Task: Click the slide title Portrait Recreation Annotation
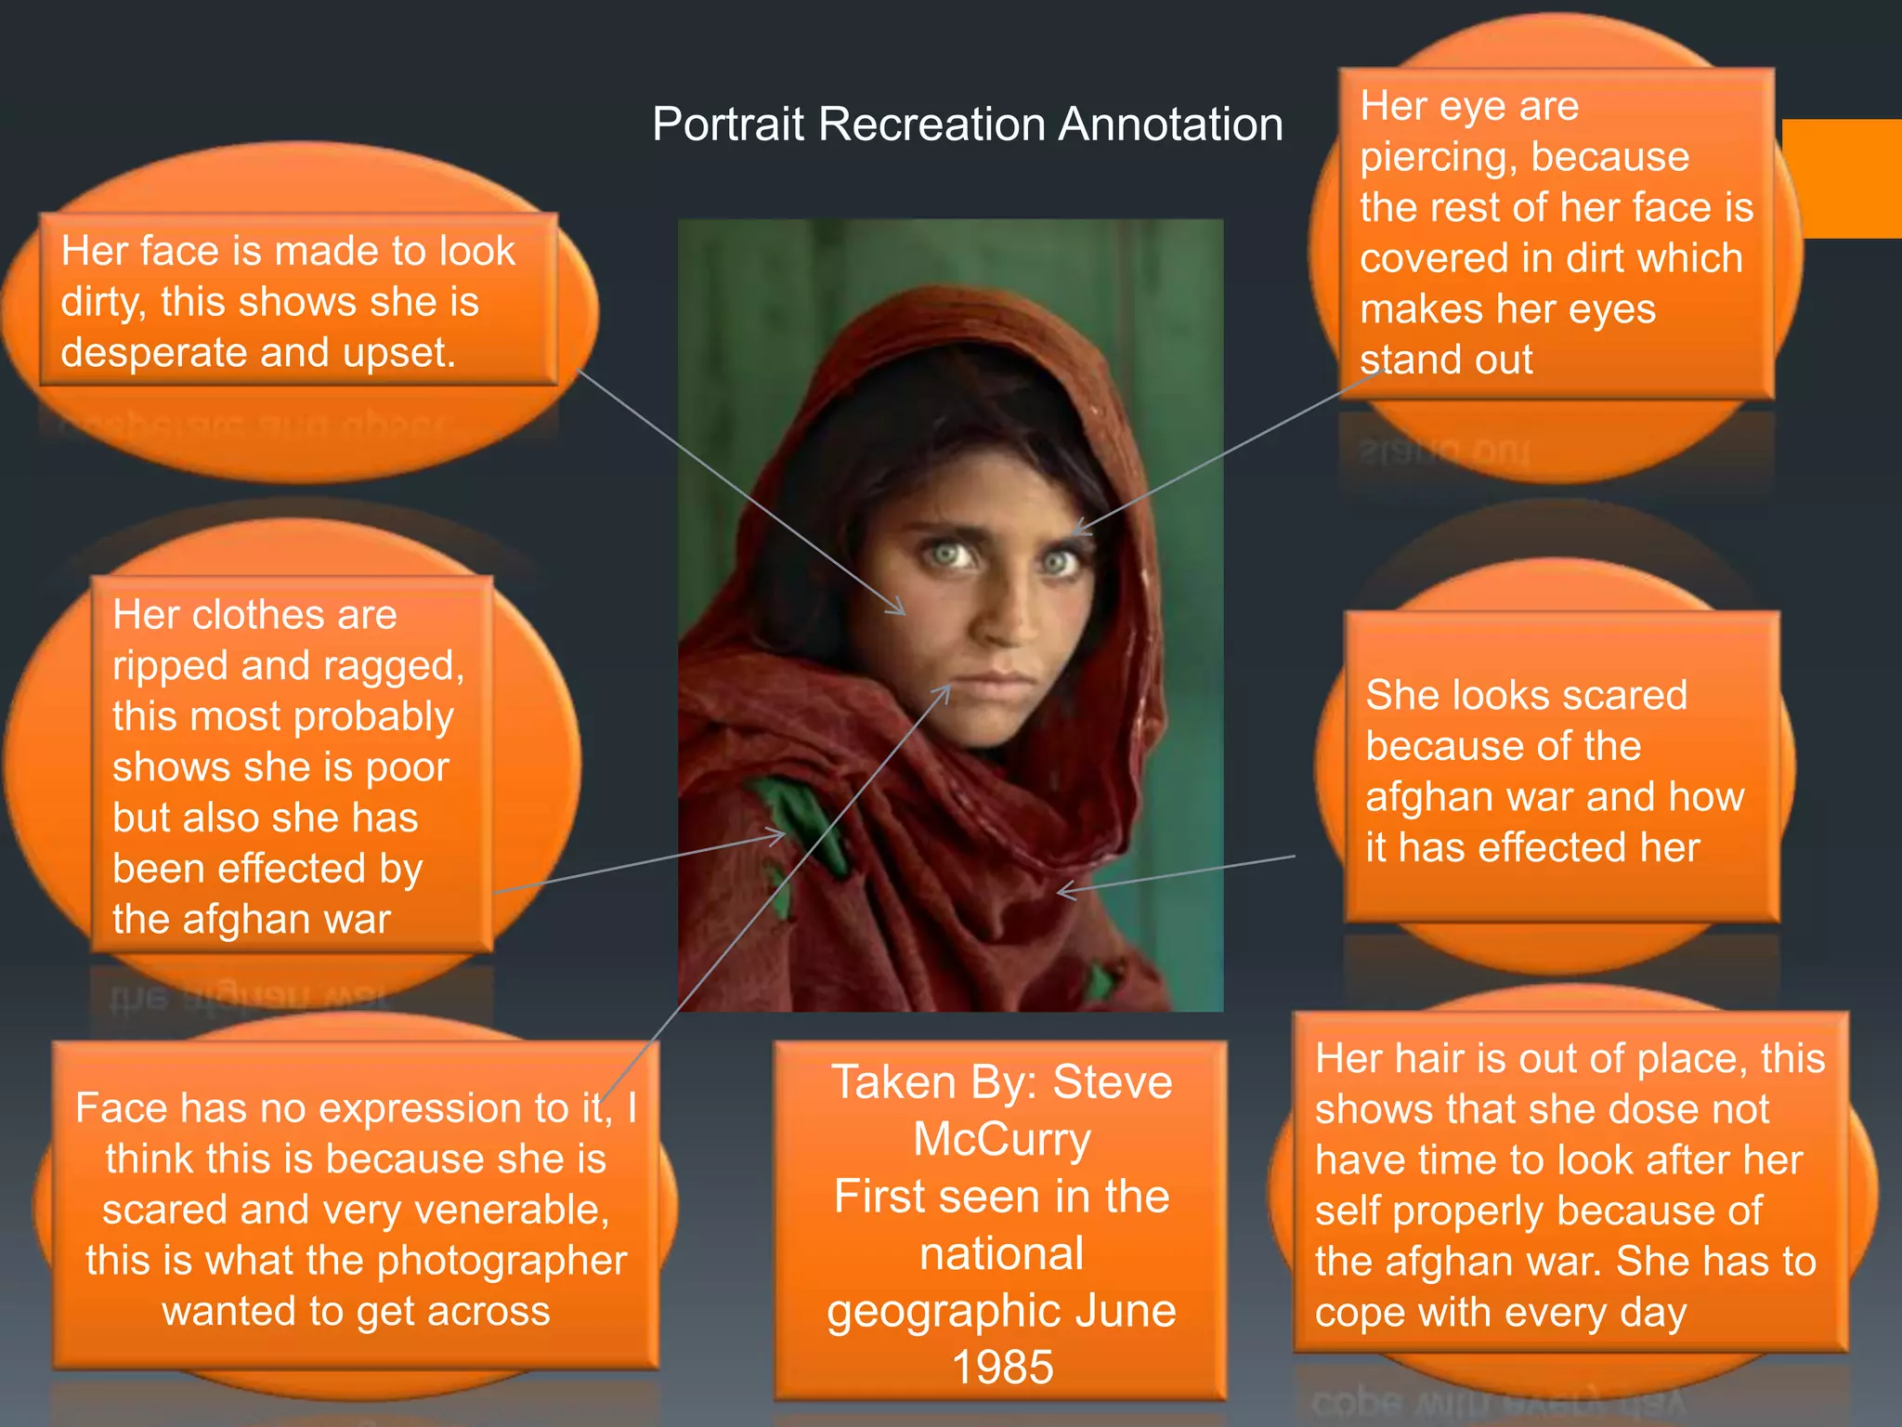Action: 967,124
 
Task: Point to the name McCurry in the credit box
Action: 1001,1139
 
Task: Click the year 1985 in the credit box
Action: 1002,1368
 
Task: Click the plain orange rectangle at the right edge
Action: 1843,178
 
